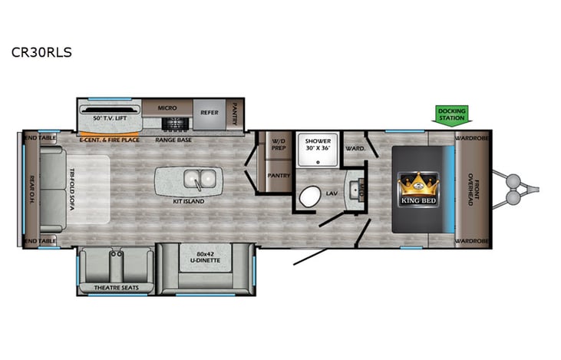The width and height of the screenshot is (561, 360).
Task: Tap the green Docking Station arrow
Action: click(x=451, y=114)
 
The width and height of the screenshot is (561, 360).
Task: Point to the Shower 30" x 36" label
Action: click(x=317, y=146)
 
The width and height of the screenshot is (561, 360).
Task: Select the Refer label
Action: click(x=210, y=113)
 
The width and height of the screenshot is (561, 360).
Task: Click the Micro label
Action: click(x=167, y=108)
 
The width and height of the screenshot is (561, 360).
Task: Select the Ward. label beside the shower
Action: click(x=354, y=148)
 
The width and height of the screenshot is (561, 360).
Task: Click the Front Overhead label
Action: click(x=474, y=187)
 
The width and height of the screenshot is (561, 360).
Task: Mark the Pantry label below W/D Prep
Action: click(x=277, y=174)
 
